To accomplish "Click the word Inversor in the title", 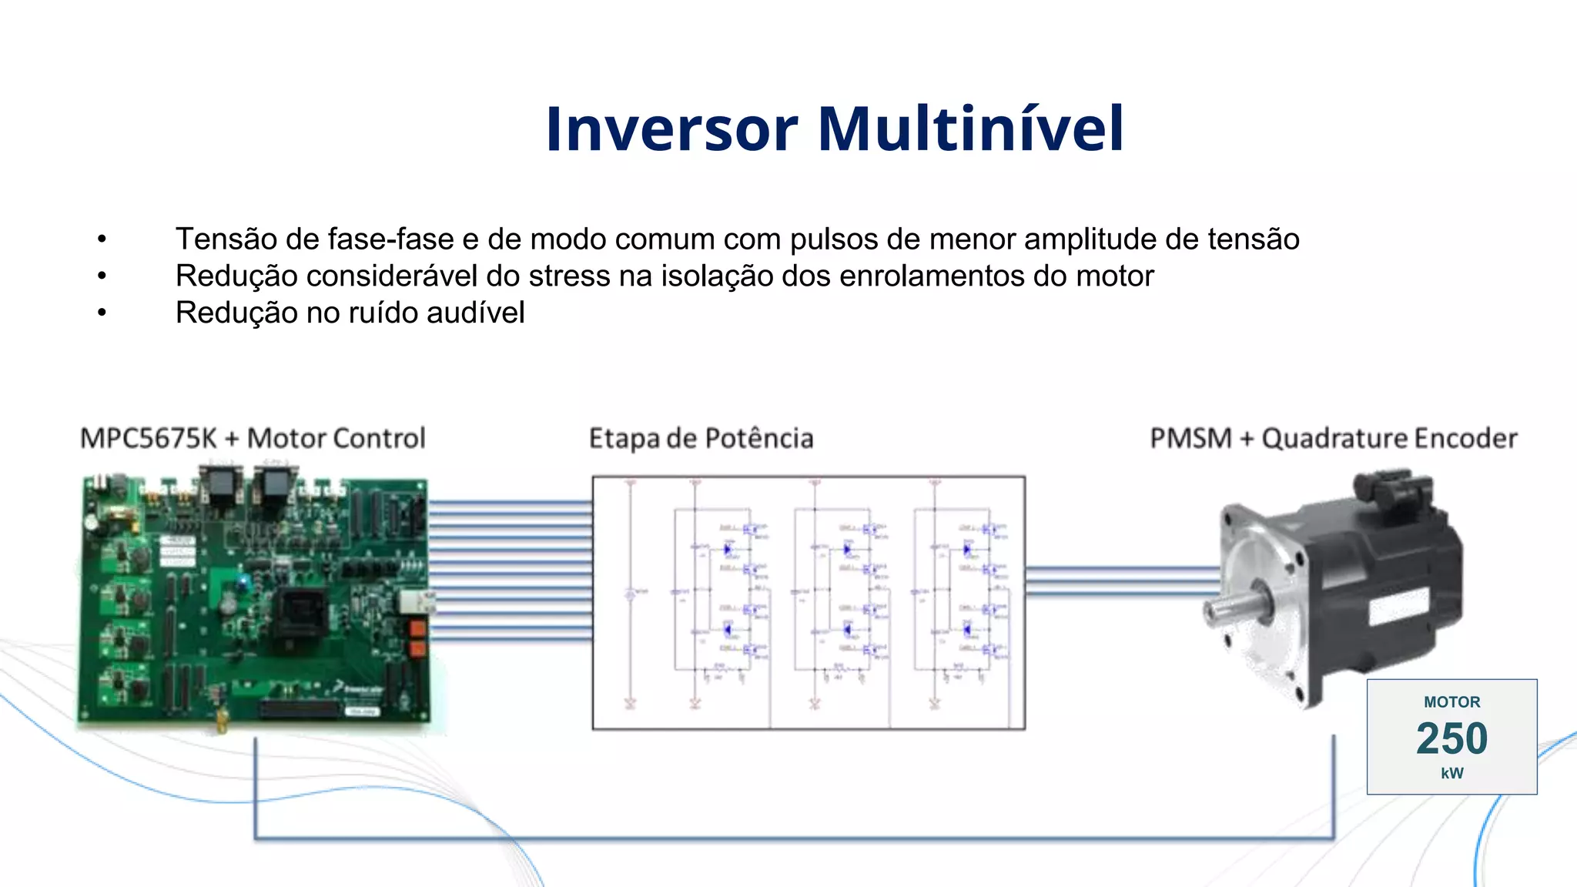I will pos(671,129).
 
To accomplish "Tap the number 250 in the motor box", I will pos(1451,738).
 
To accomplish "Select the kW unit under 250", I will pos(1451,773).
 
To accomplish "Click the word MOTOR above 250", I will pos(1451,702).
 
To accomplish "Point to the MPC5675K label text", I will pos(149,438).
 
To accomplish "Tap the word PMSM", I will pos(1190,438).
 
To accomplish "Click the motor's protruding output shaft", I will pos(1232,608).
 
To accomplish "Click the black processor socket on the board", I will pos(306,612).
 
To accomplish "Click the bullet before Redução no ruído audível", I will pos(102,313).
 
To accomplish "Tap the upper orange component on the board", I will pos(417,628).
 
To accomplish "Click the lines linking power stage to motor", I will pos(1121,581).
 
